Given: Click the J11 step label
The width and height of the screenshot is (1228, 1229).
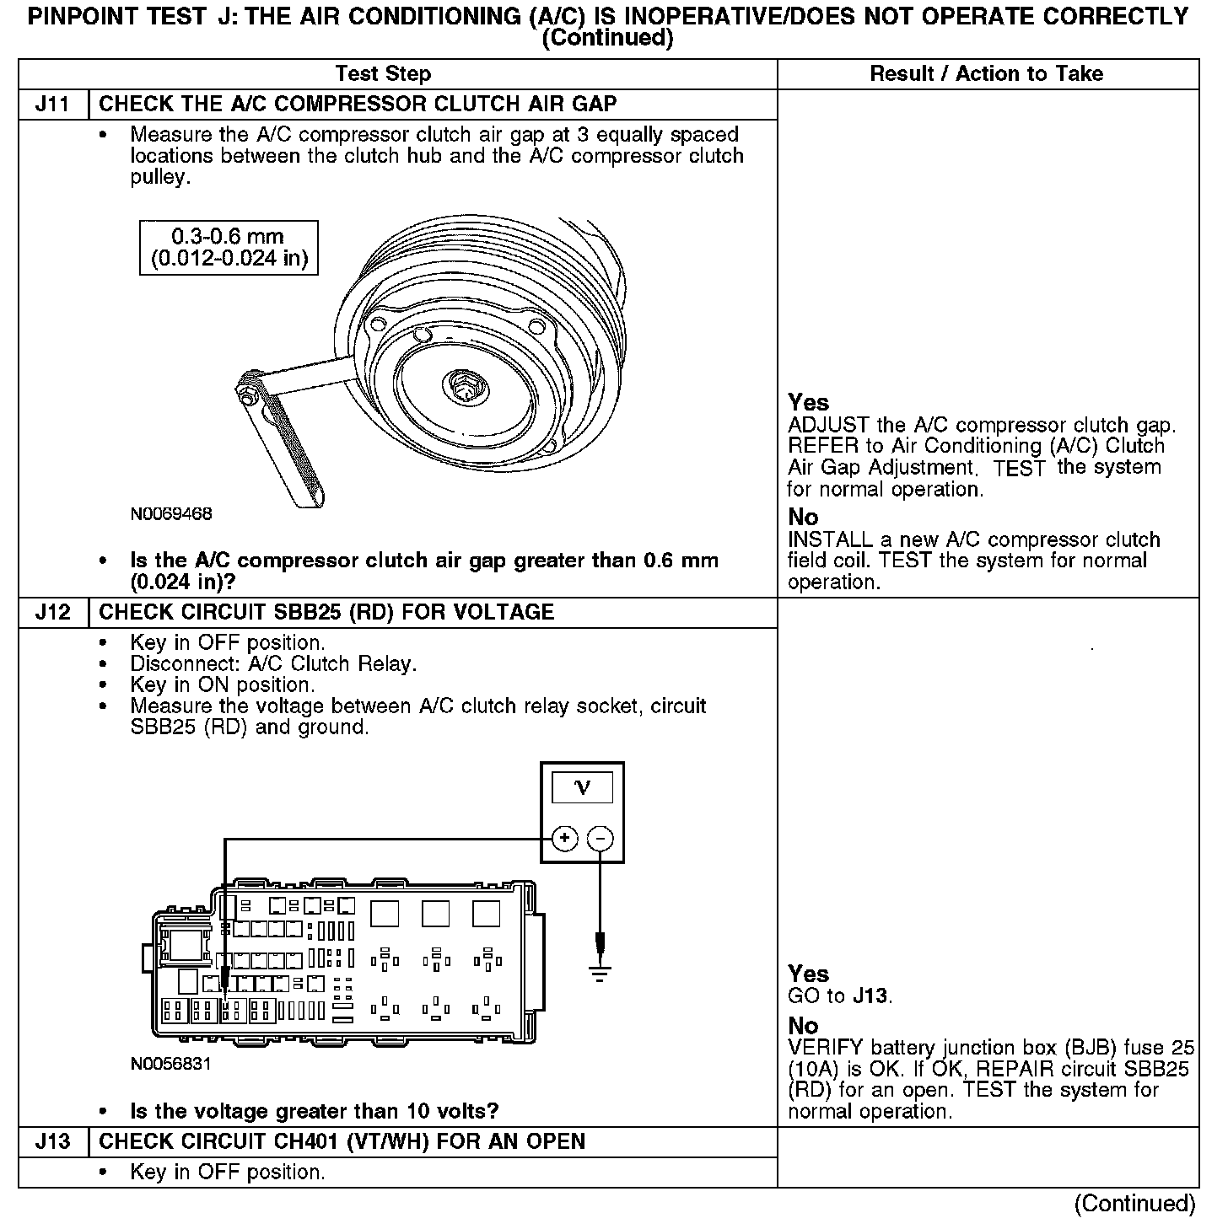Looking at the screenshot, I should click(x=52, y=105).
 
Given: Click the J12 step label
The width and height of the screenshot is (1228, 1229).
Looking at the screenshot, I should click(x=52, y=613).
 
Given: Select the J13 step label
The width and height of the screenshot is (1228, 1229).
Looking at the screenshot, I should click(x=52, y=1141).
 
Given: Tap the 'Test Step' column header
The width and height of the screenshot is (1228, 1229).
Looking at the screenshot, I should click(x=383, y=74).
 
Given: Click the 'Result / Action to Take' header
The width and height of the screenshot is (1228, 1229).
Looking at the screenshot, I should click(x=986, y=74).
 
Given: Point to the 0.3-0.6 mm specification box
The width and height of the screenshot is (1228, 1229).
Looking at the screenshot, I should click(x=229, y=248).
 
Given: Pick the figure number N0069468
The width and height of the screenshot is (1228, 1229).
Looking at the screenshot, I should click(x=171, y=513).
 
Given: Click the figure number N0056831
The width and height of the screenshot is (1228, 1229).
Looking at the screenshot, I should click(x=171, y=1064).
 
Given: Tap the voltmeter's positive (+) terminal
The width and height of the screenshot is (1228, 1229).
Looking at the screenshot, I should click(x=564, y=839).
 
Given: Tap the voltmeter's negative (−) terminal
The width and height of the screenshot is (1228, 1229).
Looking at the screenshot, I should click(x=600, y=839).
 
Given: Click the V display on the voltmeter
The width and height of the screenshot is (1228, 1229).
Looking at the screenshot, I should click(x=582, y=789).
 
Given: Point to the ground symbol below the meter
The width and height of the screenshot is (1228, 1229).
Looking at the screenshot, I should click(x=600, y=974).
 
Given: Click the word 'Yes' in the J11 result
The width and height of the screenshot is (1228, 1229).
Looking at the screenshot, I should click(x=808, y=403).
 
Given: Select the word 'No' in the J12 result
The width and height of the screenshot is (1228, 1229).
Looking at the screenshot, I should click(x=803, y=1026).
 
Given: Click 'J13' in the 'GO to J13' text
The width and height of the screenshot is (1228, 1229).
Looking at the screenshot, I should click(x=870, y=996).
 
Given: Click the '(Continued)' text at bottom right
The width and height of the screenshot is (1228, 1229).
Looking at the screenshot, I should click(x=1134, y=1204).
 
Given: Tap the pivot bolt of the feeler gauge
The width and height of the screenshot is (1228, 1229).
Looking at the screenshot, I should click(x=250, y=392).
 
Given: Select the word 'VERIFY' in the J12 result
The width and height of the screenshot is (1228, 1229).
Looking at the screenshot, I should click(x=825, y=1049).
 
